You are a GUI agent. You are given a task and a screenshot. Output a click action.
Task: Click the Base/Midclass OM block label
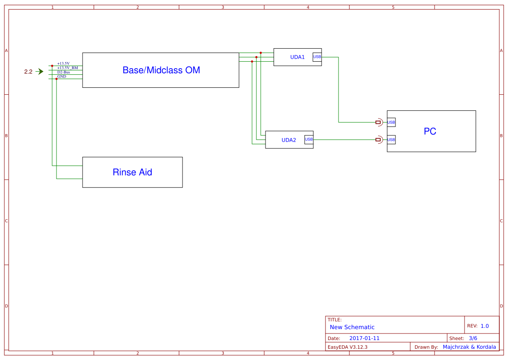161,70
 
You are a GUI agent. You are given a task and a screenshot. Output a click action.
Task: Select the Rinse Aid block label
132,172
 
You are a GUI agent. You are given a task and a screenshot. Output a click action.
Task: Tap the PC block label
430,131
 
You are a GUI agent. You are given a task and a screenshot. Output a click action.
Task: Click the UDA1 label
298,57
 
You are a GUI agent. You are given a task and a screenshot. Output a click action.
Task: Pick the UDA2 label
289,140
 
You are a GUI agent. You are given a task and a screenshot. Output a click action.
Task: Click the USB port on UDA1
317,57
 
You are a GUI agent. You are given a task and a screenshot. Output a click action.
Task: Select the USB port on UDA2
309,139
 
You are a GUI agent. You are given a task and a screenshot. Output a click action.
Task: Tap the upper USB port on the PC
391,122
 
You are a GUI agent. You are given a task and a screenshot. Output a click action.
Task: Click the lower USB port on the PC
391,139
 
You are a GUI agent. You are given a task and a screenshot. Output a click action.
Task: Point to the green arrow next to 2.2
40,72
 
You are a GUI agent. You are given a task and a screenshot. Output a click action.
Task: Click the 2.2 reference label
28,72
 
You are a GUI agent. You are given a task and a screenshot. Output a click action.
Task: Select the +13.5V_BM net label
68,68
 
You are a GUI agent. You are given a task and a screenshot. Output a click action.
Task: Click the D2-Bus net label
63,72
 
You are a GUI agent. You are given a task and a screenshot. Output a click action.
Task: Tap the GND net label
62,76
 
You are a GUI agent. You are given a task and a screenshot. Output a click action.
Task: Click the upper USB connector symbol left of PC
379,122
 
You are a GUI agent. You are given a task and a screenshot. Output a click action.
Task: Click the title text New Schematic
352,327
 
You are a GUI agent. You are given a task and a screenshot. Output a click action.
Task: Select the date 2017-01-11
364,338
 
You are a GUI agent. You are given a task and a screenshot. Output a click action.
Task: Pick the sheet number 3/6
473,338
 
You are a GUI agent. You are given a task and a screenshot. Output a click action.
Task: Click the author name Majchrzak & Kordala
469,347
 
